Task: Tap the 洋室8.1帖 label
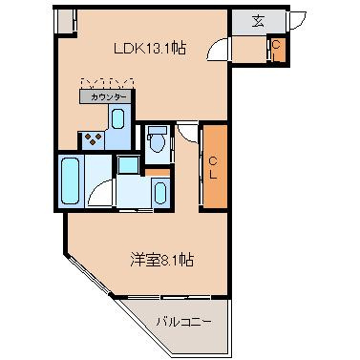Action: pos(164,258)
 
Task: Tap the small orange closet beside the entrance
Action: pos(276,47)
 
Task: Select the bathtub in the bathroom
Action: pos(71,180)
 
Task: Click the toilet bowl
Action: pos(159,144)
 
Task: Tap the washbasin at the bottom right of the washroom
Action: pos(159,191)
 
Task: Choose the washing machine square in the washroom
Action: pos(127,164)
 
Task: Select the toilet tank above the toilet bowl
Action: pos(159,131)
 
